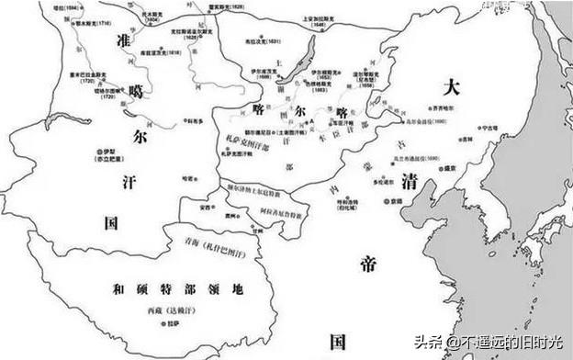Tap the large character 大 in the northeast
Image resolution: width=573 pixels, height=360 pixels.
[x=451, y=88]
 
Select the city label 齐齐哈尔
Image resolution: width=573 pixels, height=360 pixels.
[x=447, y=108]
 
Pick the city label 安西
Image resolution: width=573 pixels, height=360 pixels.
[x=207, y=208]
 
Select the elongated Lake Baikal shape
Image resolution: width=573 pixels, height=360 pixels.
[x=300, y=61]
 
